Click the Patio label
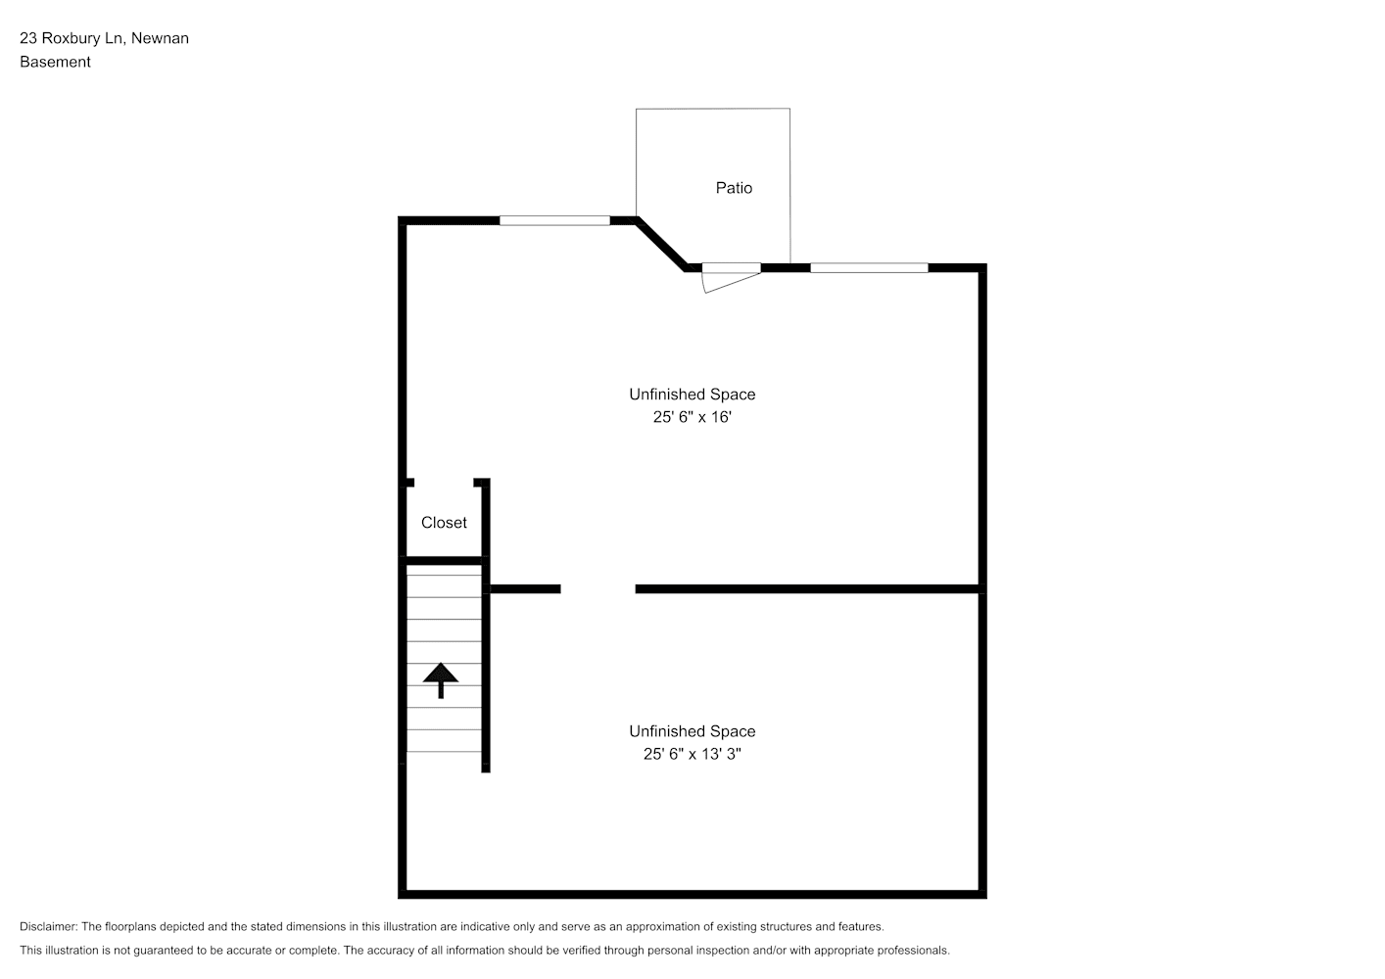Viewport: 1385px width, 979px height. click(x=734, y=188)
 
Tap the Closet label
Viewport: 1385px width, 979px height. click(x=444, y=523)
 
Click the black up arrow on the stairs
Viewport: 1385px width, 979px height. click(x=441, y=680)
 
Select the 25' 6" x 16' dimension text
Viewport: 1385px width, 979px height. click(x=692, y=417)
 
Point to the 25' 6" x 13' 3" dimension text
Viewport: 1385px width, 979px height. click(x=692, y=754)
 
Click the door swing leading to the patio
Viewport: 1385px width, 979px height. click(x=731, y=282)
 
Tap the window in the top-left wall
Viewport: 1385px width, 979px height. click(x=554, y=220)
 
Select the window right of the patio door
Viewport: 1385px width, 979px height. click(x=869, y=267)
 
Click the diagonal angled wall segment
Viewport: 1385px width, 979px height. click(x=661, y=244)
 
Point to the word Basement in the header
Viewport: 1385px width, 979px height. click(x=55, y=62)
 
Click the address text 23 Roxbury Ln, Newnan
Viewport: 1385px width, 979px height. click(x=104, y=38)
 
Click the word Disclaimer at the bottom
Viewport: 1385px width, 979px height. click(x=48, y=926)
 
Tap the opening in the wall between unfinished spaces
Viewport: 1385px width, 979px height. click(x=597, y=589)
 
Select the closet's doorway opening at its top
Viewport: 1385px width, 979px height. click(x=444, y=482)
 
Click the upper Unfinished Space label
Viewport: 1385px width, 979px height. click(x=692, y=395)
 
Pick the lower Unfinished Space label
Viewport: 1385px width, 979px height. click(x=692, y=731)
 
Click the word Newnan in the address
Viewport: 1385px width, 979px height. click(x=160, y=38)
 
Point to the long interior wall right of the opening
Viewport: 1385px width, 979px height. click(x=808, y=589)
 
